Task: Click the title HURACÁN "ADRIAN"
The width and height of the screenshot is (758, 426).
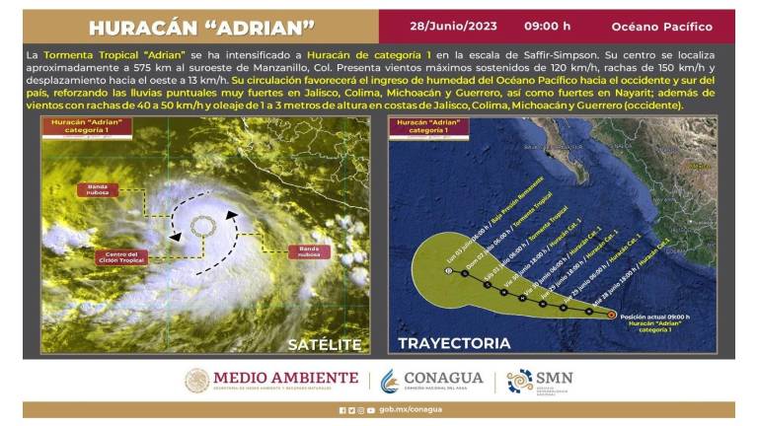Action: coord(202,27)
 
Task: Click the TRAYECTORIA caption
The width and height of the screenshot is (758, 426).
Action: coord(454,343)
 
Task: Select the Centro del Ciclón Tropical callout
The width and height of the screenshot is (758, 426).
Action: coord(121,257)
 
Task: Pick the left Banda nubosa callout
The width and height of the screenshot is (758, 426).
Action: coord(98,190)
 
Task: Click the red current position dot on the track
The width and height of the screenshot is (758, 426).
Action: coord(613,315)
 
